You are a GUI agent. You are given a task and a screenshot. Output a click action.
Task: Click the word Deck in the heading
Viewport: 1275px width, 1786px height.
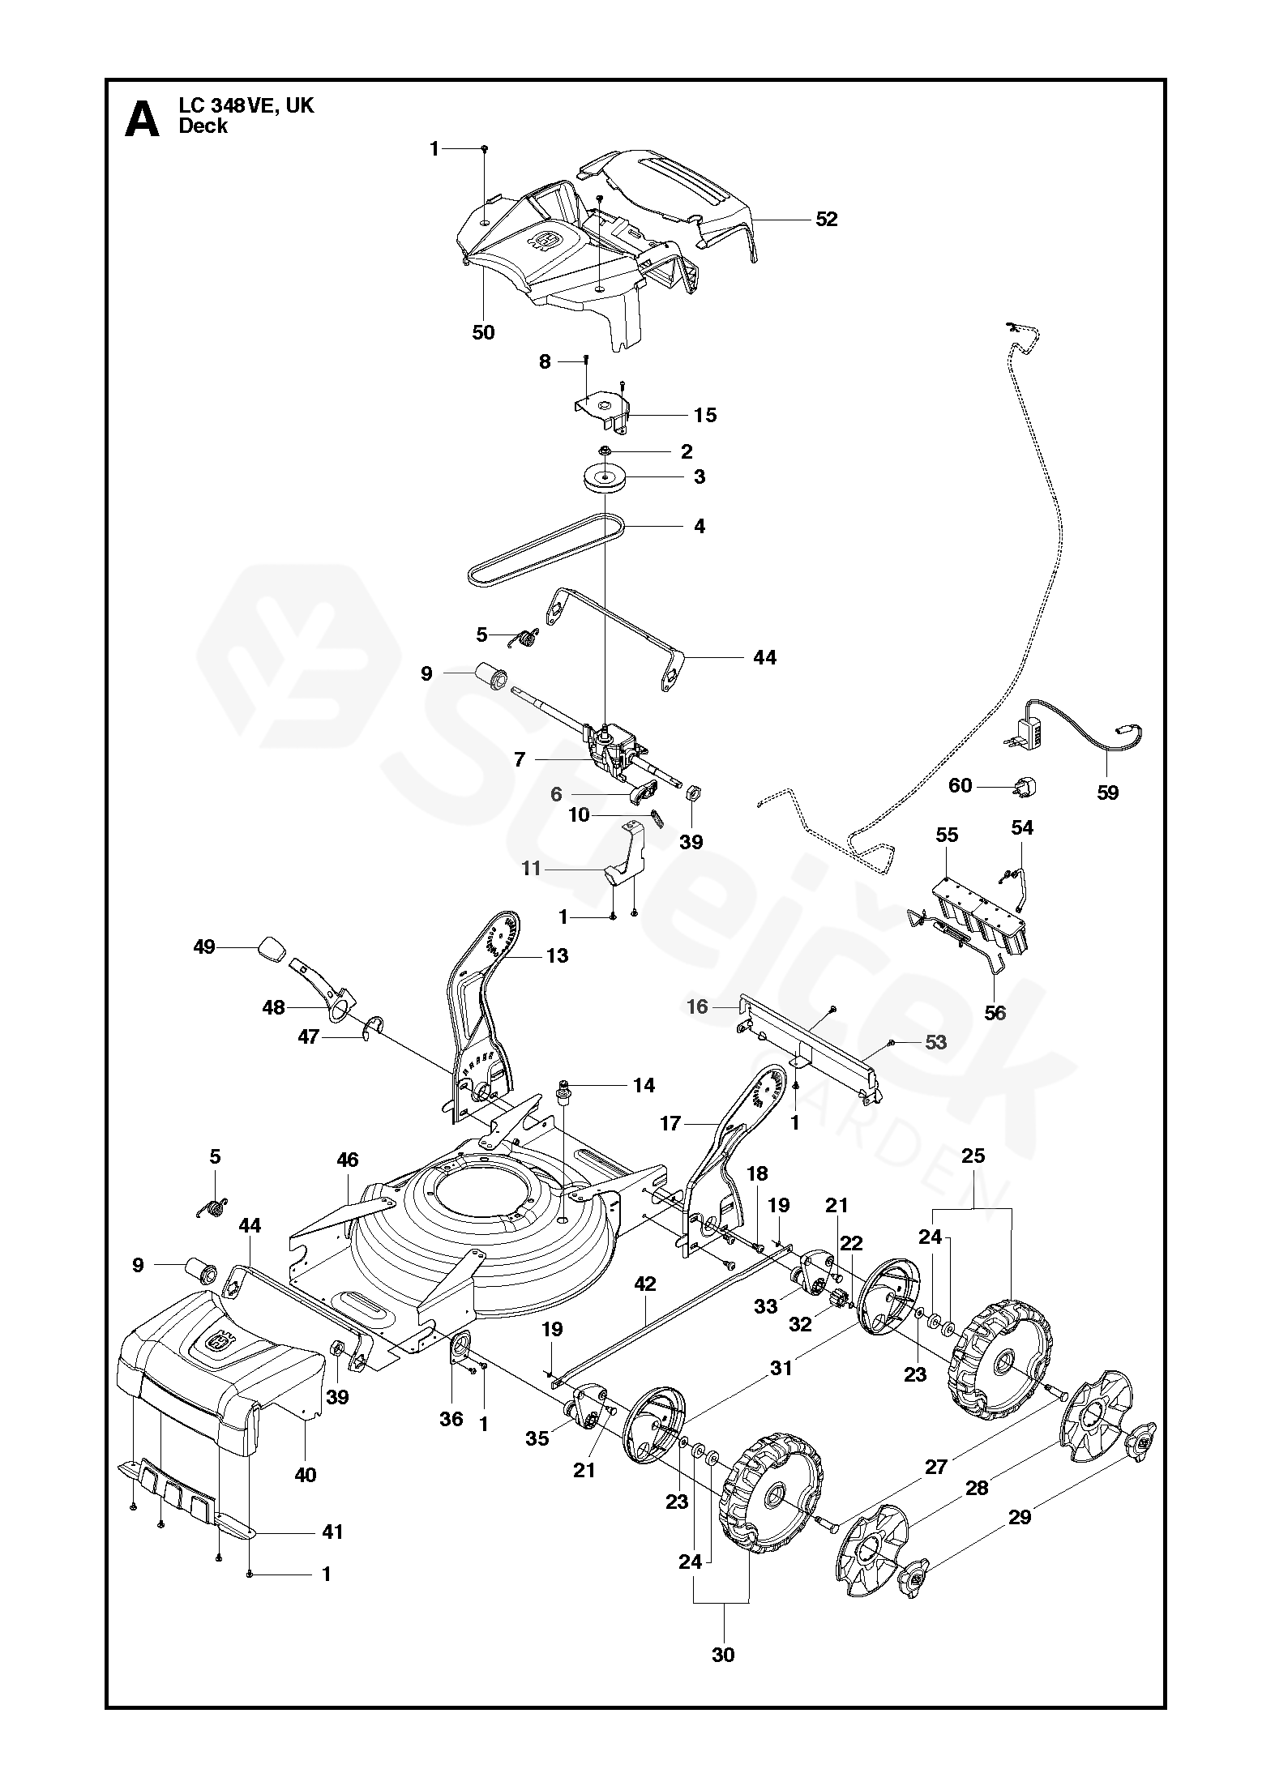click(203, 126)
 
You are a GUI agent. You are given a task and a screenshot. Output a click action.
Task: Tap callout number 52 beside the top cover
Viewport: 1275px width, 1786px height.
click(827, 219)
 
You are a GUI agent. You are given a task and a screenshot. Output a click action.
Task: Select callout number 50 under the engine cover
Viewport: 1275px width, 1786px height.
click(483, 332)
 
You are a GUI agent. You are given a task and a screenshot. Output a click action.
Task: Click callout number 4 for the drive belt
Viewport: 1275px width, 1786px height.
click(699, 526)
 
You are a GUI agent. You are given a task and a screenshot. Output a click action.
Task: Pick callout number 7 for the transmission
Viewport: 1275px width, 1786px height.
click(520, 759)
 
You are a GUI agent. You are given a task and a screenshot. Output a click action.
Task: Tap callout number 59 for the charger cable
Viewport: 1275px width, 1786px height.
click(1107, 793)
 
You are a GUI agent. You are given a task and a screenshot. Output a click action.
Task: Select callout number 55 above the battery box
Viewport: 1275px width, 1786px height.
click(947, 835)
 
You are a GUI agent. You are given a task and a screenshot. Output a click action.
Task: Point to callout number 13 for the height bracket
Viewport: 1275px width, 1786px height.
click(558, 955)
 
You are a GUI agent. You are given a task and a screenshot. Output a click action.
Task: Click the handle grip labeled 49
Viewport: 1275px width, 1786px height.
click(272, 948)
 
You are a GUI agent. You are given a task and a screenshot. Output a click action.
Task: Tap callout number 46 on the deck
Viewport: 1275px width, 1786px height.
click(348, 1160)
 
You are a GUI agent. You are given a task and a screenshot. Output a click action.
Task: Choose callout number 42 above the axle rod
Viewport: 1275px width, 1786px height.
click(645, 1306)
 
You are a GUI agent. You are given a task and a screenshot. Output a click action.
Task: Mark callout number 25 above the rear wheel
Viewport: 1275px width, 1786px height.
click(973, 1156)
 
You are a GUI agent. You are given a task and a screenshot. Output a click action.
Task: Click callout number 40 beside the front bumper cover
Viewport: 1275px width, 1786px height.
click(306, 1476)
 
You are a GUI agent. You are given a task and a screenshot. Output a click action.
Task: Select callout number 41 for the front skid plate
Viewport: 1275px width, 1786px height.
click(333, 1532)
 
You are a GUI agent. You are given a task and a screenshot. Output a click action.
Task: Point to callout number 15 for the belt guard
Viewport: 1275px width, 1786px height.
click(706, 415)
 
